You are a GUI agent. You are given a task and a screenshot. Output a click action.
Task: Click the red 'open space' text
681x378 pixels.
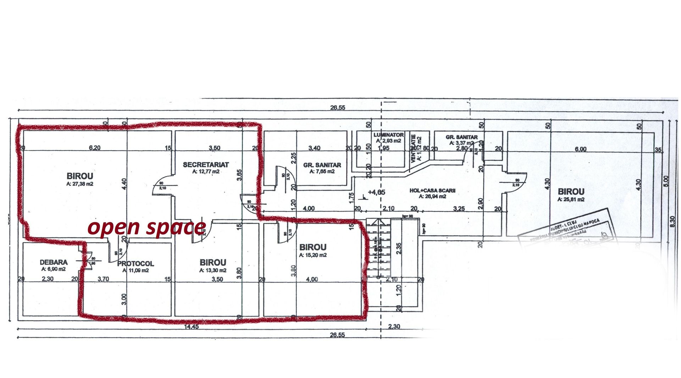click(x=146, y=227)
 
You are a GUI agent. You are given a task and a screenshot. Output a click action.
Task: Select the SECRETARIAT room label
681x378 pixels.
click(x=206, y=165)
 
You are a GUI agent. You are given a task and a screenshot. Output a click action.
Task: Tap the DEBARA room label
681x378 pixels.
click(x=54, y=262)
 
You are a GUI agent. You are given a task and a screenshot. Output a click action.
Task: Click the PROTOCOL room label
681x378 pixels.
click(x=135, y=264)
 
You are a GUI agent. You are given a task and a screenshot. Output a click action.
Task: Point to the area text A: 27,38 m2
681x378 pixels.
click(x=79, y=184)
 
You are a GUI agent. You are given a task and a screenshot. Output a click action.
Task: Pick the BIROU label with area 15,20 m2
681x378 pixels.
click(x=313, y=247)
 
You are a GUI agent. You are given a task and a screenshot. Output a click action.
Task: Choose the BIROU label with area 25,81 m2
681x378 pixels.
click(x=571, y=192)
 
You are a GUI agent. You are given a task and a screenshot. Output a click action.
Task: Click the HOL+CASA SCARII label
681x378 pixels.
click(x=432, y=191)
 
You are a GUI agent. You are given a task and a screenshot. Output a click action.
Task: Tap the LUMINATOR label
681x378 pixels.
click(x=388, y=135)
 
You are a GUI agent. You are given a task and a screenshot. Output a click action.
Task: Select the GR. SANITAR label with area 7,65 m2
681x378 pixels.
click(x=322, y=165)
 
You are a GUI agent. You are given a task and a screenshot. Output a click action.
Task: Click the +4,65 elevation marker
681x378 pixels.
click(x=376, y=192)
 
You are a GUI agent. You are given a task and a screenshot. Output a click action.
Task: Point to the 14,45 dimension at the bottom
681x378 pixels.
click(x=192, y=327)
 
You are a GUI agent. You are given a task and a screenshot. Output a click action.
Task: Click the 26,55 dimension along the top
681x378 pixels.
click(x=337, y=108)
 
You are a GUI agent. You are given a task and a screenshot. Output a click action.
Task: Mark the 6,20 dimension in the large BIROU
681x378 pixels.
click(x=95, y=148)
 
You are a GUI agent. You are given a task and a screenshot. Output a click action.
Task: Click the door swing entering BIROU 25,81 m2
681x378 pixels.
click(x=515, y=183)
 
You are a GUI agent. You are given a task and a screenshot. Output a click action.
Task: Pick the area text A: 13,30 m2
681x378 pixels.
click(x=213, y=270)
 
